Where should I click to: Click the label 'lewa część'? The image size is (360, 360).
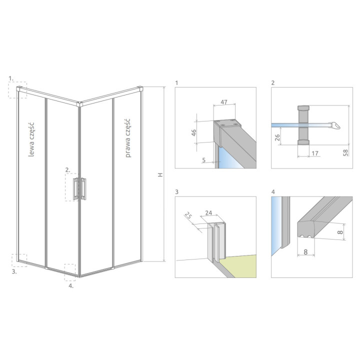[x=31, y=140]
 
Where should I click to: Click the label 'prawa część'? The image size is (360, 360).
[x=127, y=138]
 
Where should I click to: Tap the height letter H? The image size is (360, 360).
[x=160, y=174]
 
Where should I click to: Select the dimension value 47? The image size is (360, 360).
[x=224, y=101]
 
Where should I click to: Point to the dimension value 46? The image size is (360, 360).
[x=194, y=132]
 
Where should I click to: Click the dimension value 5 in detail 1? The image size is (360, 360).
[x=204, y=160]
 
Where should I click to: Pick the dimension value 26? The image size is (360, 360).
[x=277, y=137]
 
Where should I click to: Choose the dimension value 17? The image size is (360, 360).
[x=315, y=153]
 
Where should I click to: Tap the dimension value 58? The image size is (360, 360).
[x=345, y=152]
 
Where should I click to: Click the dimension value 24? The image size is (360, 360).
[x=208, y=213]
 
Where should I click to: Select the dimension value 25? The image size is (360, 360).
[x=188, y=216]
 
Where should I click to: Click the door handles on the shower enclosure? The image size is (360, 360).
[x=79, y=188]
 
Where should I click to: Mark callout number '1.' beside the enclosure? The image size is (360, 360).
[x=11, y=78]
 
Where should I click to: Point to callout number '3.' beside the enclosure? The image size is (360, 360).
[x=14, y=271]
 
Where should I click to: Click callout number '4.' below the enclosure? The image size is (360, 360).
[x=71, y=286]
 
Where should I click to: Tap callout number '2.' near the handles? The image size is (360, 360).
[x=67, y=170]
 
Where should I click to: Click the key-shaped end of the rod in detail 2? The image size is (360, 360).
[x=335, y=125]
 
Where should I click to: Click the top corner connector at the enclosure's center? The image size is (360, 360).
[x=79, y=104]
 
